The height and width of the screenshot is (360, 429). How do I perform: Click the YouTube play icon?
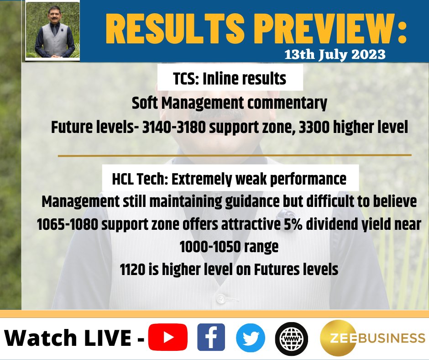click(x=168, y=337)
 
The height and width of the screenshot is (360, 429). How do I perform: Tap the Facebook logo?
click(x=211, y=337)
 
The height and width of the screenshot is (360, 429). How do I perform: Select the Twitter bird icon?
click(x=250, y=337)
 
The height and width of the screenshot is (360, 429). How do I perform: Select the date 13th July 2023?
click(x=335, y=55)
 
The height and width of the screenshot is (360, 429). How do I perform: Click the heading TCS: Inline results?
click(x=230, y=79)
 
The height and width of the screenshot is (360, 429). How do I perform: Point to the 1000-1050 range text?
click(x=229, y=247)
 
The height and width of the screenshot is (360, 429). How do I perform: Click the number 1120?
click(x=132, y=270)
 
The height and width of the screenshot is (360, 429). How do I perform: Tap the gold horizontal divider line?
click(x=235, y=155)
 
